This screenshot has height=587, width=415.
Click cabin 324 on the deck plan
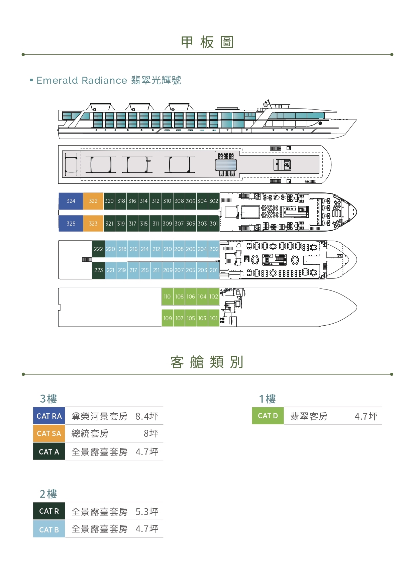[71, 201]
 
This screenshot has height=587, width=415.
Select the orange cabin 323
[93, 224]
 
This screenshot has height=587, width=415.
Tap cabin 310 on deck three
[167, 201]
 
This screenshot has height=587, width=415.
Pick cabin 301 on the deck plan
[214, 224]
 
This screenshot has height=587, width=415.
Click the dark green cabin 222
[98, 249]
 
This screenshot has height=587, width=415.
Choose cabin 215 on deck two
[145, 270]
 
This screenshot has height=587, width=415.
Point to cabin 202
[214, 249]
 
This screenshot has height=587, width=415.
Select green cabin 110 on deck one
[167, 297]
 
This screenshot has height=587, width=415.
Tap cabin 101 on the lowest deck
[214, 318]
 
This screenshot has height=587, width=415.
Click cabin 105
[191, 318]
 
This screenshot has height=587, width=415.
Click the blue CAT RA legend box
[49, 416]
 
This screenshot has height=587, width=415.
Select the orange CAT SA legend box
[49, 433]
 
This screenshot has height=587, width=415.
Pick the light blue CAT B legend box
[49, 529]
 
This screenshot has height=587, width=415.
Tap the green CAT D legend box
[268, 416]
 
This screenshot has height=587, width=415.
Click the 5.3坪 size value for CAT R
[147, 512]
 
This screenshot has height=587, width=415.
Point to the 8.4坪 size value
[147, 416]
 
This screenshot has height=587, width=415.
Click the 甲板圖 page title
[207, 43]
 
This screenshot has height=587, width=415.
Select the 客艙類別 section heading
[207, 362]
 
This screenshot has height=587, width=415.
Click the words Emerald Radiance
[82, 80]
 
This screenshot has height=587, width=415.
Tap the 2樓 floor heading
[48, 494]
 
